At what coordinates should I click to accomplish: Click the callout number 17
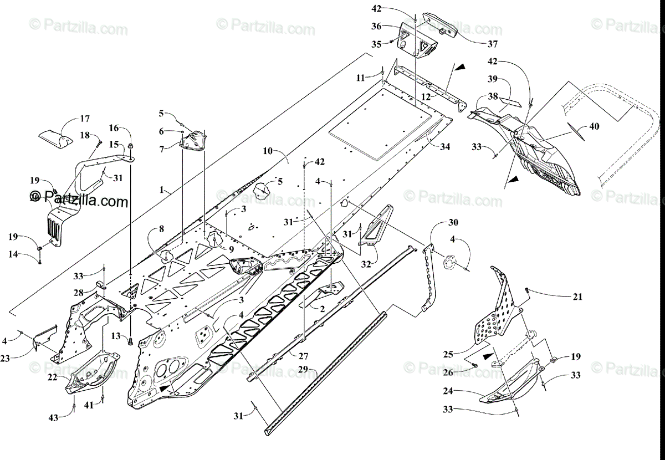pyautogui.click(x=84, y=119)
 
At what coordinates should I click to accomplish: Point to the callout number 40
pyautogui.click(x=594, y=126)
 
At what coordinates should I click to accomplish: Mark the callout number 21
pyautogui.click(x=577, y=297)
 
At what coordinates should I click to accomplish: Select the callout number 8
pyautogui.click(x=161, y=228)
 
